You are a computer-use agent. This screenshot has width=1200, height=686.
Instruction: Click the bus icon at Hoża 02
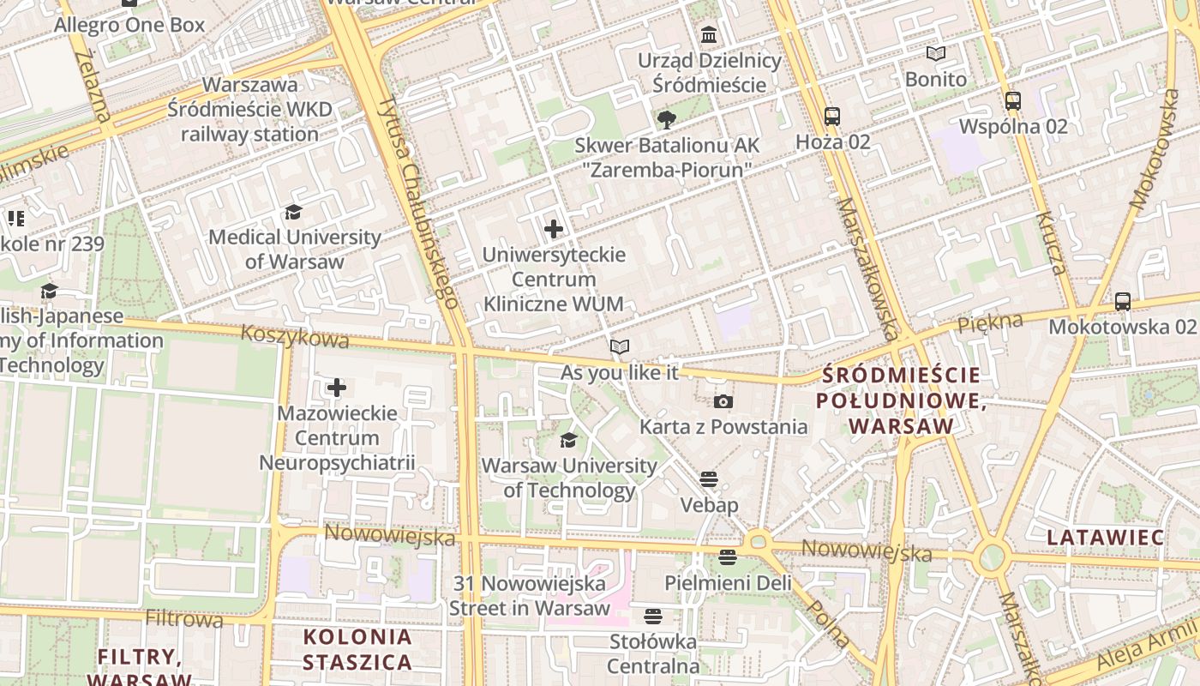[x=831, y=116]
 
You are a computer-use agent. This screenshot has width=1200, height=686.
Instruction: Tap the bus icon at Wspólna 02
[x=1013, y=100]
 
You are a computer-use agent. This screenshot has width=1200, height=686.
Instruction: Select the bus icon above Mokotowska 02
[x=1122, y=301]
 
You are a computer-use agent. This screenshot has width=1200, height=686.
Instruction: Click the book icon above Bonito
[x=936, y=53]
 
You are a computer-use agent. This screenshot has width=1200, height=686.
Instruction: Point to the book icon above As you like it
[x=619, y=347]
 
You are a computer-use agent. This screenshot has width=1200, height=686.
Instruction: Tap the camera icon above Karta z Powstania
[x=723, y=401]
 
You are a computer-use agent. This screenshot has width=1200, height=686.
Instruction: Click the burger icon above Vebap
[x=708, y=478]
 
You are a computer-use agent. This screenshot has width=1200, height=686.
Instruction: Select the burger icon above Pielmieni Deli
[x=728, y=557]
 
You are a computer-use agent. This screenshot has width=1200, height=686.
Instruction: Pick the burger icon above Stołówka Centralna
[x=652, y=616]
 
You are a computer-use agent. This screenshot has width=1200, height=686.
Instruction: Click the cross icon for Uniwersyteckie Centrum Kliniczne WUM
[x=554, y=229]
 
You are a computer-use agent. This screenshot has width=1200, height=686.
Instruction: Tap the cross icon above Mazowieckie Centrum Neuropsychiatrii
[x=336, y=388]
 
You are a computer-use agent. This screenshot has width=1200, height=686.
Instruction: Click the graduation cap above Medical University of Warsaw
[x=294, y=212]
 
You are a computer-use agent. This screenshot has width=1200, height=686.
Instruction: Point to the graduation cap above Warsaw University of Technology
[x=567, y=441]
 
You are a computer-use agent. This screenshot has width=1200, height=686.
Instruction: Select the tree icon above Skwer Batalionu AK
[x=666, y=120]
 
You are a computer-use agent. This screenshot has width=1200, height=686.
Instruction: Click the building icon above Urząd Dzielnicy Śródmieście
[x=709, y=35]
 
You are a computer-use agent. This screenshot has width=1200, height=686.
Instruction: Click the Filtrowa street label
[x=183, y=618]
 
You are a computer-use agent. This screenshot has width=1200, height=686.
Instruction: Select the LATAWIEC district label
[x=1105, y=538]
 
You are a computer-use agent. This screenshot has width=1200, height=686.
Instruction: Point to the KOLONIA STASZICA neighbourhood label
[x=357, y=650]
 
